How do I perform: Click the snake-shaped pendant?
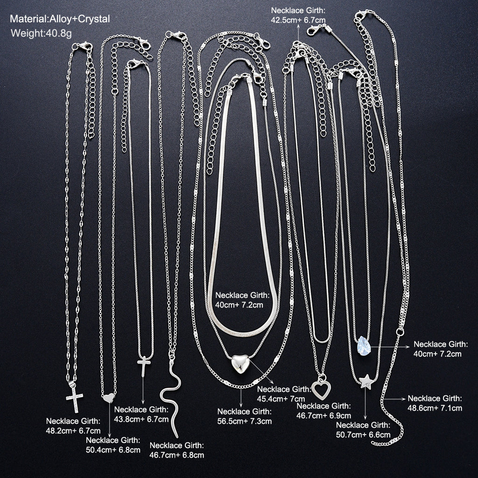tap(171, 396)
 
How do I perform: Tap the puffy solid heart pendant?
tap(240, 364)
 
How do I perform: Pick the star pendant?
tap(366, 381)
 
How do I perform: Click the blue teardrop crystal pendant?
tap(364, 346)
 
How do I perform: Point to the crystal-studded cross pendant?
tap(74, 397)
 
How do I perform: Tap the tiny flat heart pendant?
tap(108, 398)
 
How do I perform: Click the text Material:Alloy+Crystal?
tap(60, 19)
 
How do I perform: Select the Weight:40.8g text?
tap(41, 33)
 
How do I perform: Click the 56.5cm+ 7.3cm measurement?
tap(244, 422)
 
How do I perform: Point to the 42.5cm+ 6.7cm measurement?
tap(298, 20)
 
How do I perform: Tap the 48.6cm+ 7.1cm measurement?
tap(435, 408)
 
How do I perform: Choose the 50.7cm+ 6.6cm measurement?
tap(363, 435)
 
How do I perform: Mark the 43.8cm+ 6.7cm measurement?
tap(141, 419)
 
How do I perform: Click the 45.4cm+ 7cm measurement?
tap(281, 399)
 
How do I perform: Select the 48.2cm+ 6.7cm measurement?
tap(73, 431)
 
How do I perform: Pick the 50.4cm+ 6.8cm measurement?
tap(113, 450)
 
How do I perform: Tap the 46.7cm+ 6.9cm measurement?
tap(324, 415)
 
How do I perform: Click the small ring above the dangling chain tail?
tap(400, 332)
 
